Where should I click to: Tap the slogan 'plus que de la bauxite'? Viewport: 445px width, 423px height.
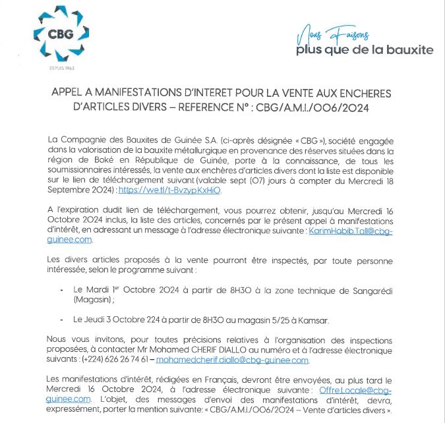[x=365, y=49]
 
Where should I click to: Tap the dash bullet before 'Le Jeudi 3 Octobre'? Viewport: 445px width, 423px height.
[x=63, y=320]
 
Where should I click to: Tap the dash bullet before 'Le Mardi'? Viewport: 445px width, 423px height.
[x=63, y=289]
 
